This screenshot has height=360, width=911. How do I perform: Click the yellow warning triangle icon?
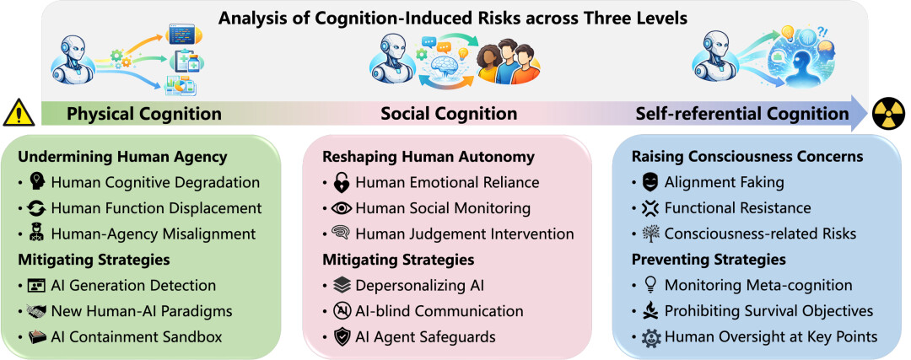(x=19, y=113)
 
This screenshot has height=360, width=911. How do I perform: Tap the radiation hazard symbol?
(x=889, y=113)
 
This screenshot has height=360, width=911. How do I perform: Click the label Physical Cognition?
(x=144, y=114)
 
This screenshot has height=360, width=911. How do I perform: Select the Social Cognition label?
(x=449, y=114)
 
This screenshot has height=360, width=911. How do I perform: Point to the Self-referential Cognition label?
(x=742, y=114)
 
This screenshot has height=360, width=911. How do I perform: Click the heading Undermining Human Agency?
(x=122, y=157)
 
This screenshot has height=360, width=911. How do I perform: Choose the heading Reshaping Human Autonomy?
(x=429, y=157)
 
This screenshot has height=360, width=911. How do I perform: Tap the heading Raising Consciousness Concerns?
(x=747, y=157)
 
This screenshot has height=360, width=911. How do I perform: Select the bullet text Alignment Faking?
(x=724, y=182)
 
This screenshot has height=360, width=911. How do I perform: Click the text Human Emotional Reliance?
(x=447, y=182)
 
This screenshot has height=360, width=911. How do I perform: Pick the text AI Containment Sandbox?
(x=137, y=336)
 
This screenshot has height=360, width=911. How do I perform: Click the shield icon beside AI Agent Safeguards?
(x=342, y=336)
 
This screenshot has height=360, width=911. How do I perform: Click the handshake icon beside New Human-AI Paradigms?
(x=36, y=311)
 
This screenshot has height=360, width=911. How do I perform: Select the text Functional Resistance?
(x=738, y=208)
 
